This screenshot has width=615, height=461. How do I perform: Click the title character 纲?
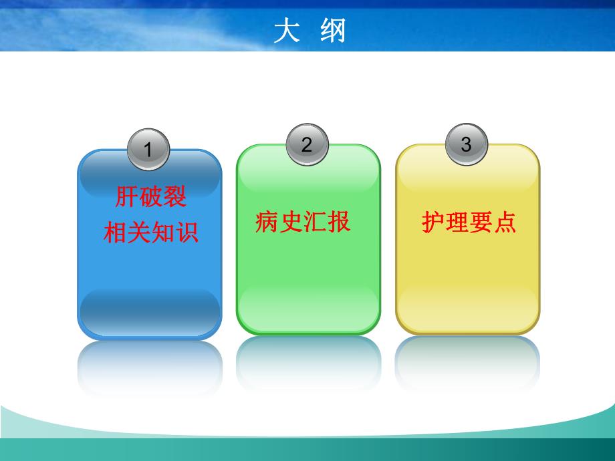coord(332,31)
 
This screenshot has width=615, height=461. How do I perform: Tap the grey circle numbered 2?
coord(307,145)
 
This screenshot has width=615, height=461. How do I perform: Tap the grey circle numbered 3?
coord(467,145)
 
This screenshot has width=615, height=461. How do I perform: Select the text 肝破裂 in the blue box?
coord(151,197)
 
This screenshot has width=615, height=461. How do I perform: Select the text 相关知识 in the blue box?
coord(151,233)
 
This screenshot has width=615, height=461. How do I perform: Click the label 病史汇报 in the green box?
coord(303,221)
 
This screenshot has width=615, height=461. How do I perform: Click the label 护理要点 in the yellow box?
coord(469,221)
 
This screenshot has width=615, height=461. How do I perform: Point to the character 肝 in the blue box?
coord(127,197)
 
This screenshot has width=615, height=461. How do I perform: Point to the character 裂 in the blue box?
coord(175,197)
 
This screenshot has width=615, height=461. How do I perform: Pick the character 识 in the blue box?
coord(187,233)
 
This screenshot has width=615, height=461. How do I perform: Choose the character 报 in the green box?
coord(339,221)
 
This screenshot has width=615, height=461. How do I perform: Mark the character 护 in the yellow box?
coord(433,221)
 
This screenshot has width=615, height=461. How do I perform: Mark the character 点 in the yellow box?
coord(505,221)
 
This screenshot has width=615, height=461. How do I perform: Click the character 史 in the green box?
coord(291,221)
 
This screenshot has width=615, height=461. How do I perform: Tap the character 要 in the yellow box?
coord(481,221)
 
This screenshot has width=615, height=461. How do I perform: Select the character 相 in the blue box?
coord(115,233)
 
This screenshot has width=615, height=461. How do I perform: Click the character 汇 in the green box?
coord(315,221)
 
